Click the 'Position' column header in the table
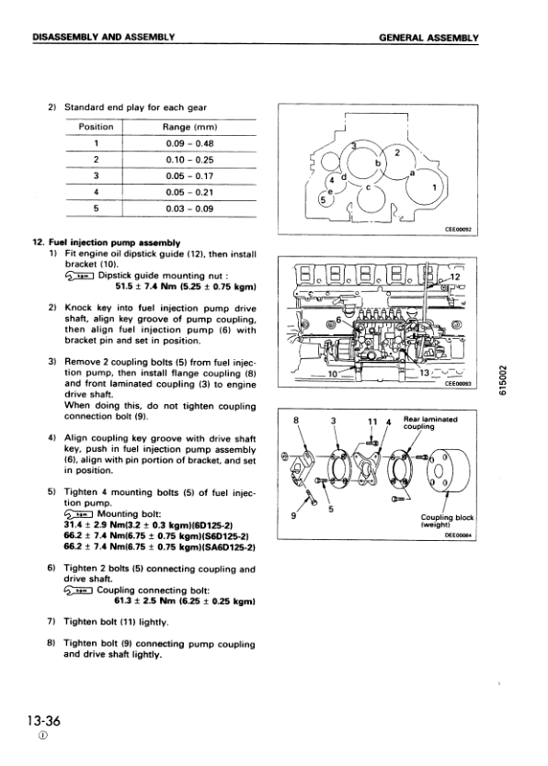96,127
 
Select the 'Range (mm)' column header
188,127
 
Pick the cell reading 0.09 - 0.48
188,143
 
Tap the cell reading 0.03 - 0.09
188,209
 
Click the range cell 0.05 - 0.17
188,176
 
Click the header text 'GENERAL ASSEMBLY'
428,38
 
